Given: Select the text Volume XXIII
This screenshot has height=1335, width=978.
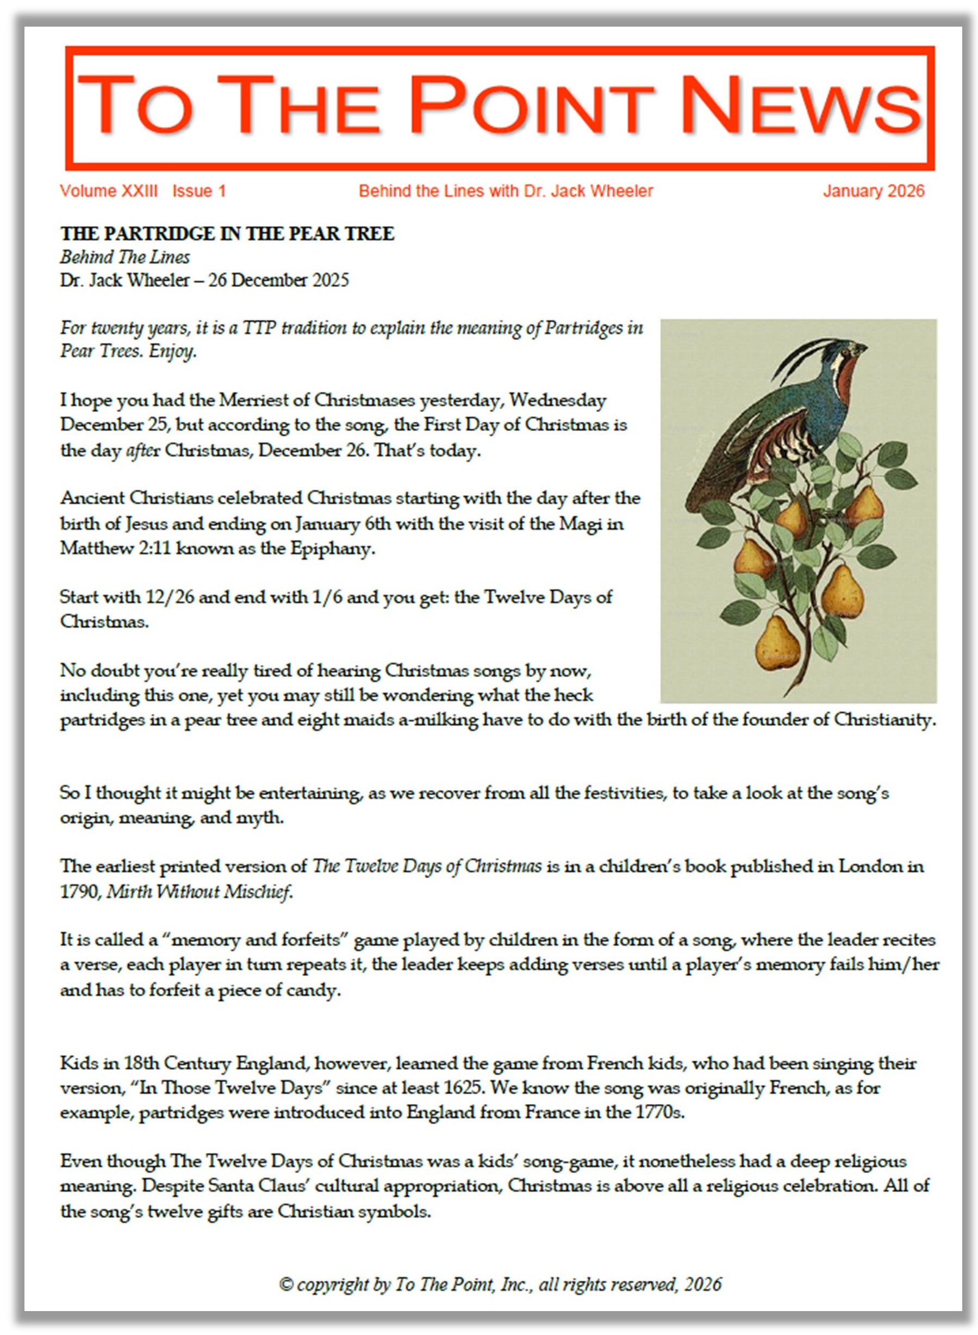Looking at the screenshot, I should click(x=109, y=191).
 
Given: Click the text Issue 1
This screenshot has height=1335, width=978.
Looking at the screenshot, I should click(x=199, y=191).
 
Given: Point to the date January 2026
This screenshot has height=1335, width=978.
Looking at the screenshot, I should click(x=873, y=191).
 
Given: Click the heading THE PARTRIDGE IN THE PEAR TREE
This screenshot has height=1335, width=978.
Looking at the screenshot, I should click(x=227, y=234).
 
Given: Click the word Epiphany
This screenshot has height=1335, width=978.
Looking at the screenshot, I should click(x=332, y=548).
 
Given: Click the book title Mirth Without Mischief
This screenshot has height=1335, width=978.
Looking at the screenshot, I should click(x=199, y=891).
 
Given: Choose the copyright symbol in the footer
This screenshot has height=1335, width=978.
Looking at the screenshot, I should click(x=286, y=1284).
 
